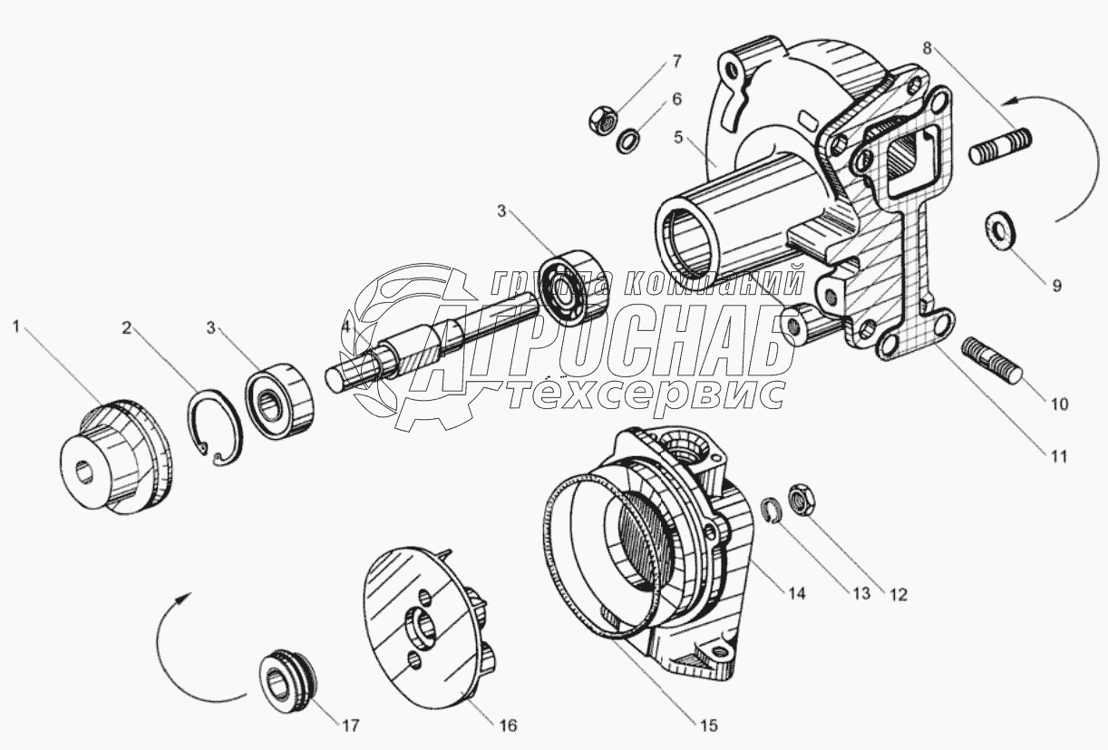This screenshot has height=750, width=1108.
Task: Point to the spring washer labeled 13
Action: click(771, 511)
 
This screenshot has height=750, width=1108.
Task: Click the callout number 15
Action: click(708, 725)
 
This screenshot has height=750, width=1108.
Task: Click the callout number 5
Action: click(676, 139)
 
